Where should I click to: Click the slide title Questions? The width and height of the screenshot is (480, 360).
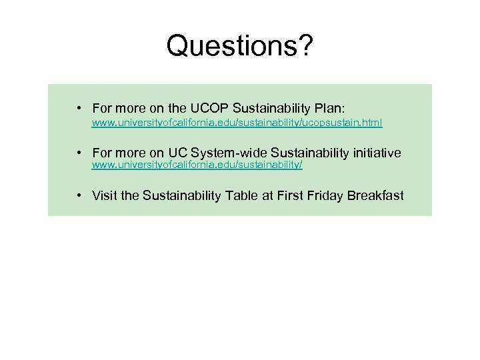click(240, 47)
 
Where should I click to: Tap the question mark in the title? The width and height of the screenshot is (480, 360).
click(306, 47)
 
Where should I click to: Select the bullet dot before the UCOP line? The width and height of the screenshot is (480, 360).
click(79, 107)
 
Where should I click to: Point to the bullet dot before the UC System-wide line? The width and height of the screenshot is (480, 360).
click(79, 153)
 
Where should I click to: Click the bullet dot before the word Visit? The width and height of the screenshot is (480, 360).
click(79, 195)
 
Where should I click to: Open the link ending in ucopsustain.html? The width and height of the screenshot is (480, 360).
click(237, 123)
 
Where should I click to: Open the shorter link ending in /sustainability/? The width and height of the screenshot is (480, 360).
click(197, 164)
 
